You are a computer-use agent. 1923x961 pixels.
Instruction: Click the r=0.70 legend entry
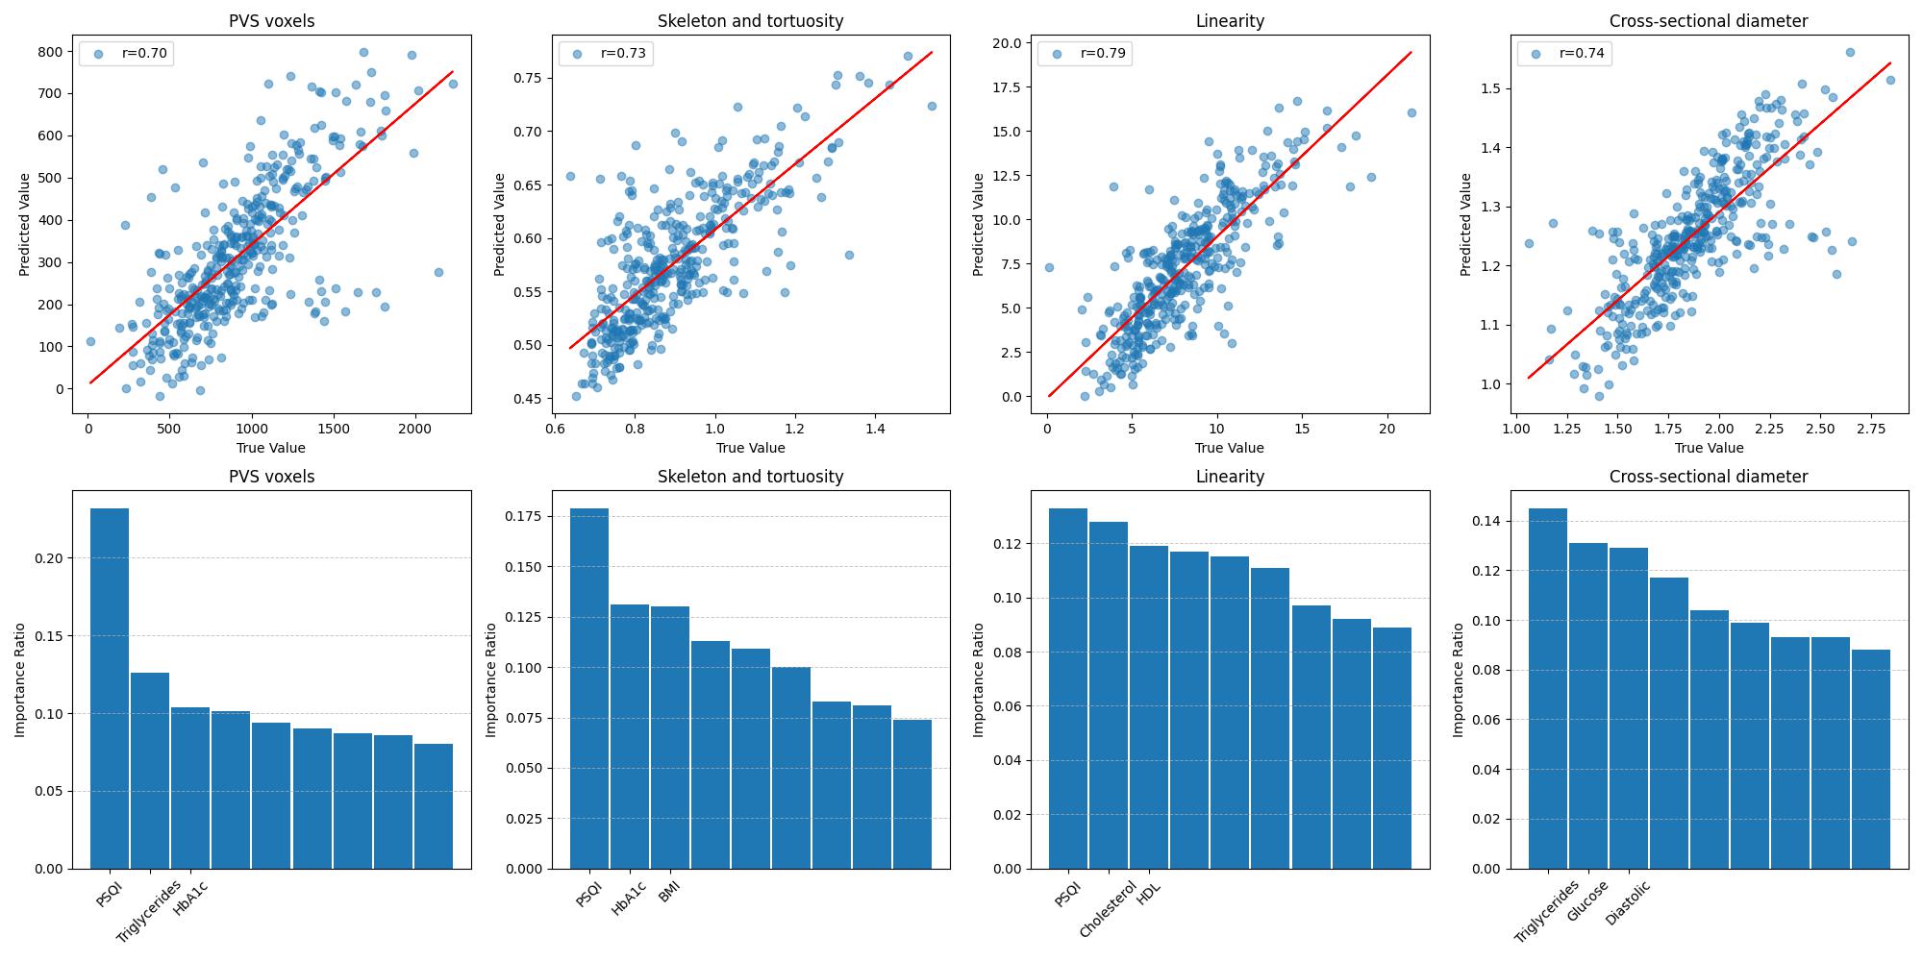(125, 54)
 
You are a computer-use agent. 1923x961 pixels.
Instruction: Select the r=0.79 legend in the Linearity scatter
(1085, 54)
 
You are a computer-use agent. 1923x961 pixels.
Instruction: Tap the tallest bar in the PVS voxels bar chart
(110, 688)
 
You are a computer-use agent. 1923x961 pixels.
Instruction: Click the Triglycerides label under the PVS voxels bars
(149, 910)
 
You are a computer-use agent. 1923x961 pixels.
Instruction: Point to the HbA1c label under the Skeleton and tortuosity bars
(629, 899)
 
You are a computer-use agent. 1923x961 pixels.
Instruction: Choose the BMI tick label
(669, 891)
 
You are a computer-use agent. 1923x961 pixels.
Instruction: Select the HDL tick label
(1149, 892)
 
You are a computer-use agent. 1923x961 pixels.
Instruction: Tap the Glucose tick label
(1587, 900)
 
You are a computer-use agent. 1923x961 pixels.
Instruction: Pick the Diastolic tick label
(1628, 902)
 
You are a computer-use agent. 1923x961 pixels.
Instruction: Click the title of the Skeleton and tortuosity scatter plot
(751, 20)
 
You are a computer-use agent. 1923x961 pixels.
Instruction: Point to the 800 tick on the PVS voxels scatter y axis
(53, 52)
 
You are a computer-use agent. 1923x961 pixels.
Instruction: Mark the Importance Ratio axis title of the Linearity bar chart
(979, 679)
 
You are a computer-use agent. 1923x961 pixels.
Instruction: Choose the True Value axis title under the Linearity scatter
(1230, 448)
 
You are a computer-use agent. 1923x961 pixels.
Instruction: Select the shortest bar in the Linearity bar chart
(1392, 748)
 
